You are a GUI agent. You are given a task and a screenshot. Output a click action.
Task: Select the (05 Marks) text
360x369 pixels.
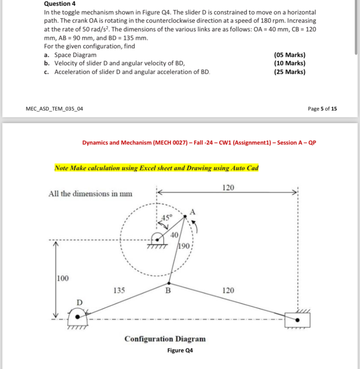(290, 55)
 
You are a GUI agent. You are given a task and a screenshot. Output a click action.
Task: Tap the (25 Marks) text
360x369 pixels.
(290, 72)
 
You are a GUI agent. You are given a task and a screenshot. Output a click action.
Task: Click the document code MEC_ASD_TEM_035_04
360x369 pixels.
(55, 109)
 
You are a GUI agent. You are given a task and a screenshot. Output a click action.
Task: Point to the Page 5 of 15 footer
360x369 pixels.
(322, 109)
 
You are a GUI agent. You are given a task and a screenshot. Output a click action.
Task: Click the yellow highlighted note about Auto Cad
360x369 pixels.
(157, 168)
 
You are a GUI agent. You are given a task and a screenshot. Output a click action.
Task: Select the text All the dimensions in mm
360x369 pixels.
(91, 193)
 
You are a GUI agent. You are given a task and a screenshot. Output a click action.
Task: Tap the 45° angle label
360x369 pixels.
(167, 217)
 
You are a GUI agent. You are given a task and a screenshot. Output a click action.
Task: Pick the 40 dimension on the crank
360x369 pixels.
(174, 235)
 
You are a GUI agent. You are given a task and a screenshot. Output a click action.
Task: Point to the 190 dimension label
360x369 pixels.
(183, 246)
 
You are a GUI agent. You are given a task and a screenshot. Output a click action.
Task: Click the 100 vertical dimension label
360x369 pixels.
(63, 278)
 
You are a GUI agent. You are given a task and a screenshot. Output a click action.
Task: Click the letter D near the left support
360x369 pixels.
(79, 302)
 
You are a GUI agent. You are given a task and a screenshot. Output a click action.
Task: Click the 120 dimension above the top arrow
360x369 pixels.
(228, 187)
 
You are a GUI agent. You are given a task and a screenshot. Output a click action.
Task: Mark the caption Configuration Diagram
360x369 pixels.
(165, 339)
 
